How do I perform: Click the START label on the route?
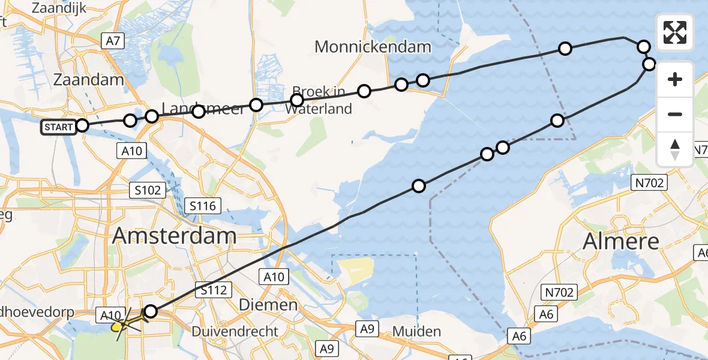tap(58, 127)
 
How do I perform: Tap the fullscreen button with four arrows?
tap(675, 32)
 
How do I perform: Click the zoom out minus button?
tap(675, 114)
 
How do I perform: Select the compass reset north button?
tap(675, 149)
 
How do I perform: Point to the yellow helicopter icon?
tap(123, 325)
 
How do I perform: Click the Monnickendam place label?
tap(373, 47)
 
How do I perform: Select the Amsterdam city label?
tap(173, 236)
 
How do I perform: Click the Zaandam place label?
tap(88, 79)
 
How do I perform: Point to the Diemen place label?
tap(268, 305)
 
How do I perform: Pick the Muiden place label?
tap(417, 331)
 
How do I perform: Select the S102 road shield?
tap(148, 191)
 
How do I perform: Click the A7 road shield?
tap(112, 41)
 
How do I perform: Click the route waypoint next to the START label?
tap(82, 125)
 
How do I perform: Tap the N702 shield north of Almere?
tap(651, 182)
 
